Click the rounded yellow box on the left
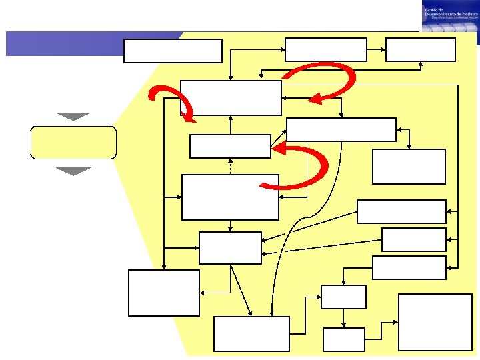tap(73, 142)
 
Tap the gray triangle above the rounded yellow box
tap(73, 116)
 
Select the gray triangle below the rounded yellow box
tap(73, 171)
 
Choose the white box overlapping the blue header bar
tap(173, 51)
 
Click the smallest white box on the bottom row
tap(343, 339)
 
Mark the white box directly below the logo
tap(420, 50)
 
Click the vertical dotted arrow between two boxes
tap(230, 166)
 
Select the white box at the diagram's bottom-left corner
tap(163, 293)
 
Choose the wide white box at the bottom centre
tap(251, 334)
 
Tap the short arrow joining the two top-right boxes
tap(376, 49)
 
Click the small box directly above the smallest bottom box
tap(343, 297)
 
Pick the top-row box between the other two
tap(326, 50)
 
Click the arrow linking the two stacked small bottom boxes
tap(343, 318)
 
